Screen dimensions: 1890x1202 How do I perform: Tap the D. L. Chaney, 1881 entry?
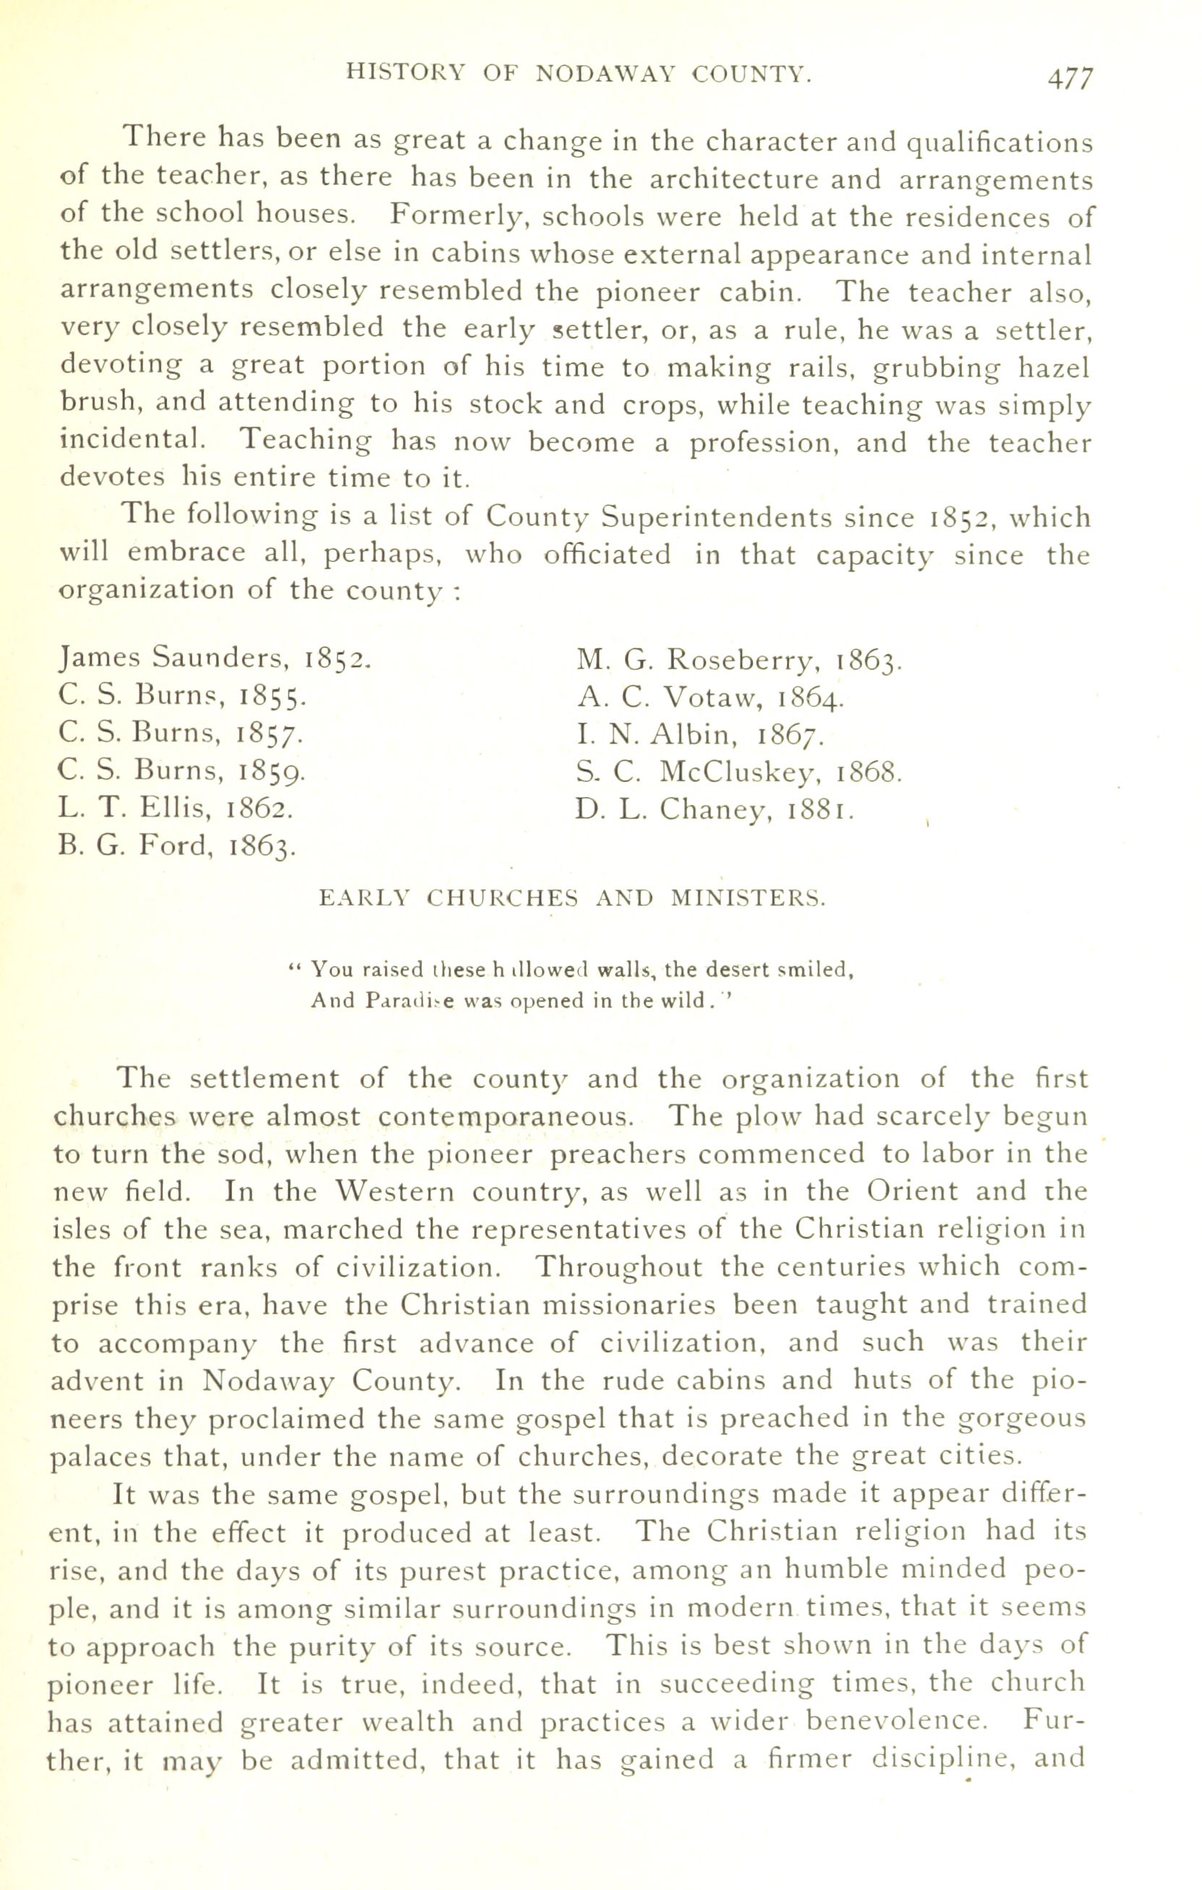(715, 810)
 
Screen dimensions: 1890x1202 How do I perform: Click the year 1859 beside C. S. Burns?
(271, 772)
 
